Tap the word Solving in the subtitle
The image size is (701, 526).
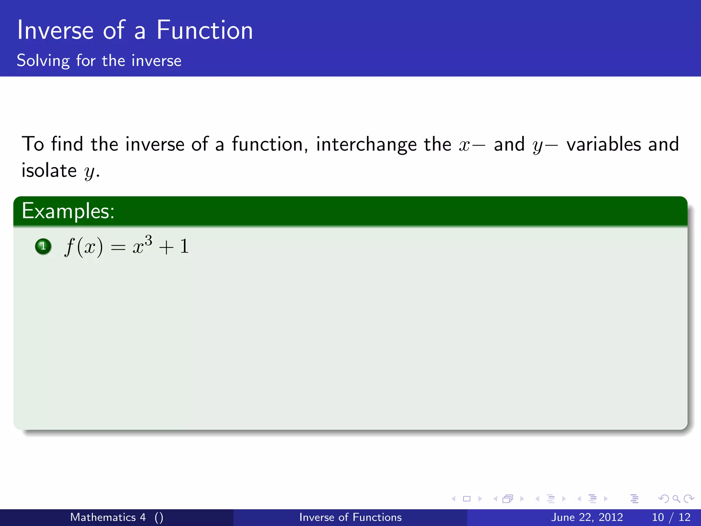pyautogui.click(x=43, y=61)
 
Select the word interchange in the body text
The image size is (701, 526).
pyautogui.click(x=366, y=145)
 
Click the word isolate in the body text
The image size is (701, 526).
pyautogui.click(x=49, y=171)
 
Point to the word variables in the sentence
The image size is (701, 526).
pyautogui.click(x=603, y=144)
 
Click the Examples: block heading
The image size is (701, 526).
pyautogui.click(x=68, y=211)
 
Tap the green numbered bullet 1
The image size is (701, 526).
pyautogui.click(x=43, y=246)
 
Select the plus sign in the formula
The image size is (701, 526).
pyautogui.click(x=166, y=247)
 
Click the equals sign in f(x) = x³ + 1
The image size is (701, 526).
pyautogui.click(x=118, y=247)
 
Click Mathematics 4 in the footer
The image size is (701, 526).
pyautogui.click(x=108, y=517)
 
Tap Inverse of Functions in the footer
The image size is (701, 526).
pyautogui.click(x=350, y=517)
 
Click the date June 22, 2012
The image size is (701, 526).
pyautogui.click(x=587, y=517)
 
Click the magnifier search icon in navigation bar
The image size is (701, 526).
pyautogui.click(x=676, y=499)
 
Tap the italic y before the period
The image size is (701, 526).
pyautogui.click(x=89, y=172)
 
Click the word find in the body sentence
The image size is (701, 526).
pyautogui.click(x=67, y=144)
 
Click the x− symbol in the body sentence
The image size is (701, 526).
pyautogui.click(x=472, y=145)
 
